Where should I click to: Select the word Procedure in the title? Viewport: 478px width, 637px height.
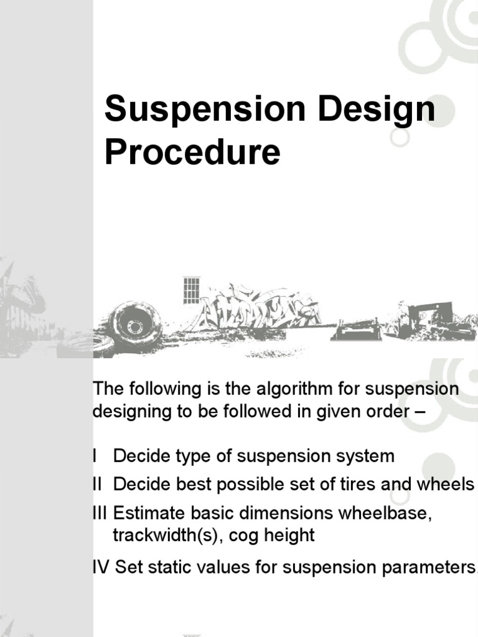[x=192, y=153]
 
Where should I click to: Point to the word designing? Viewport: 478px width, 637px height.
[x=131, y=412]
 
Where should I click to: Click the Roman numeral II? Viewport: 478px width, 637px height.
[x=98, y=485]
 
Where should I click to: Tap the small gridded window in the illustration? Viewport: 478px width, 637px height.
[x=191, y=291]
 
